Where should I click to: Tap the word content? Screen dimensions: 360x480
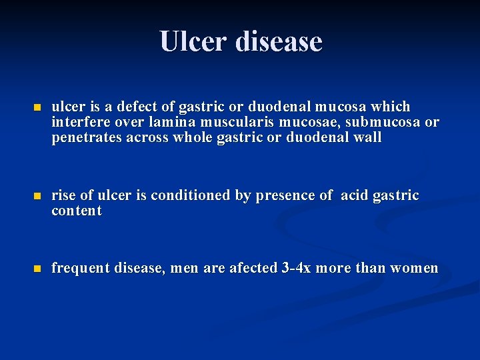point(77,211)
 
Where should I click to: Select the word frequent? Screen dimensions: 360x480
point(81,268)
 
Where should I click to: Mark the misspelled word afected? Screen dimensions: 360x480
point(255,268)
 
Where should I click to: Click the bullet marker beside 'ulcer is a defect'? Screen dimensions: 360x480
point(37,107)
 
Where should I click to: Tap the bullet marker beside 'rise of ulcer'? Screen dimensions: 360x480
point(37,196)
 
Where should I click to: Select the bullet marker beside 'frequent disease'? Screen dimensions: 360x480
point(37,269)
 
